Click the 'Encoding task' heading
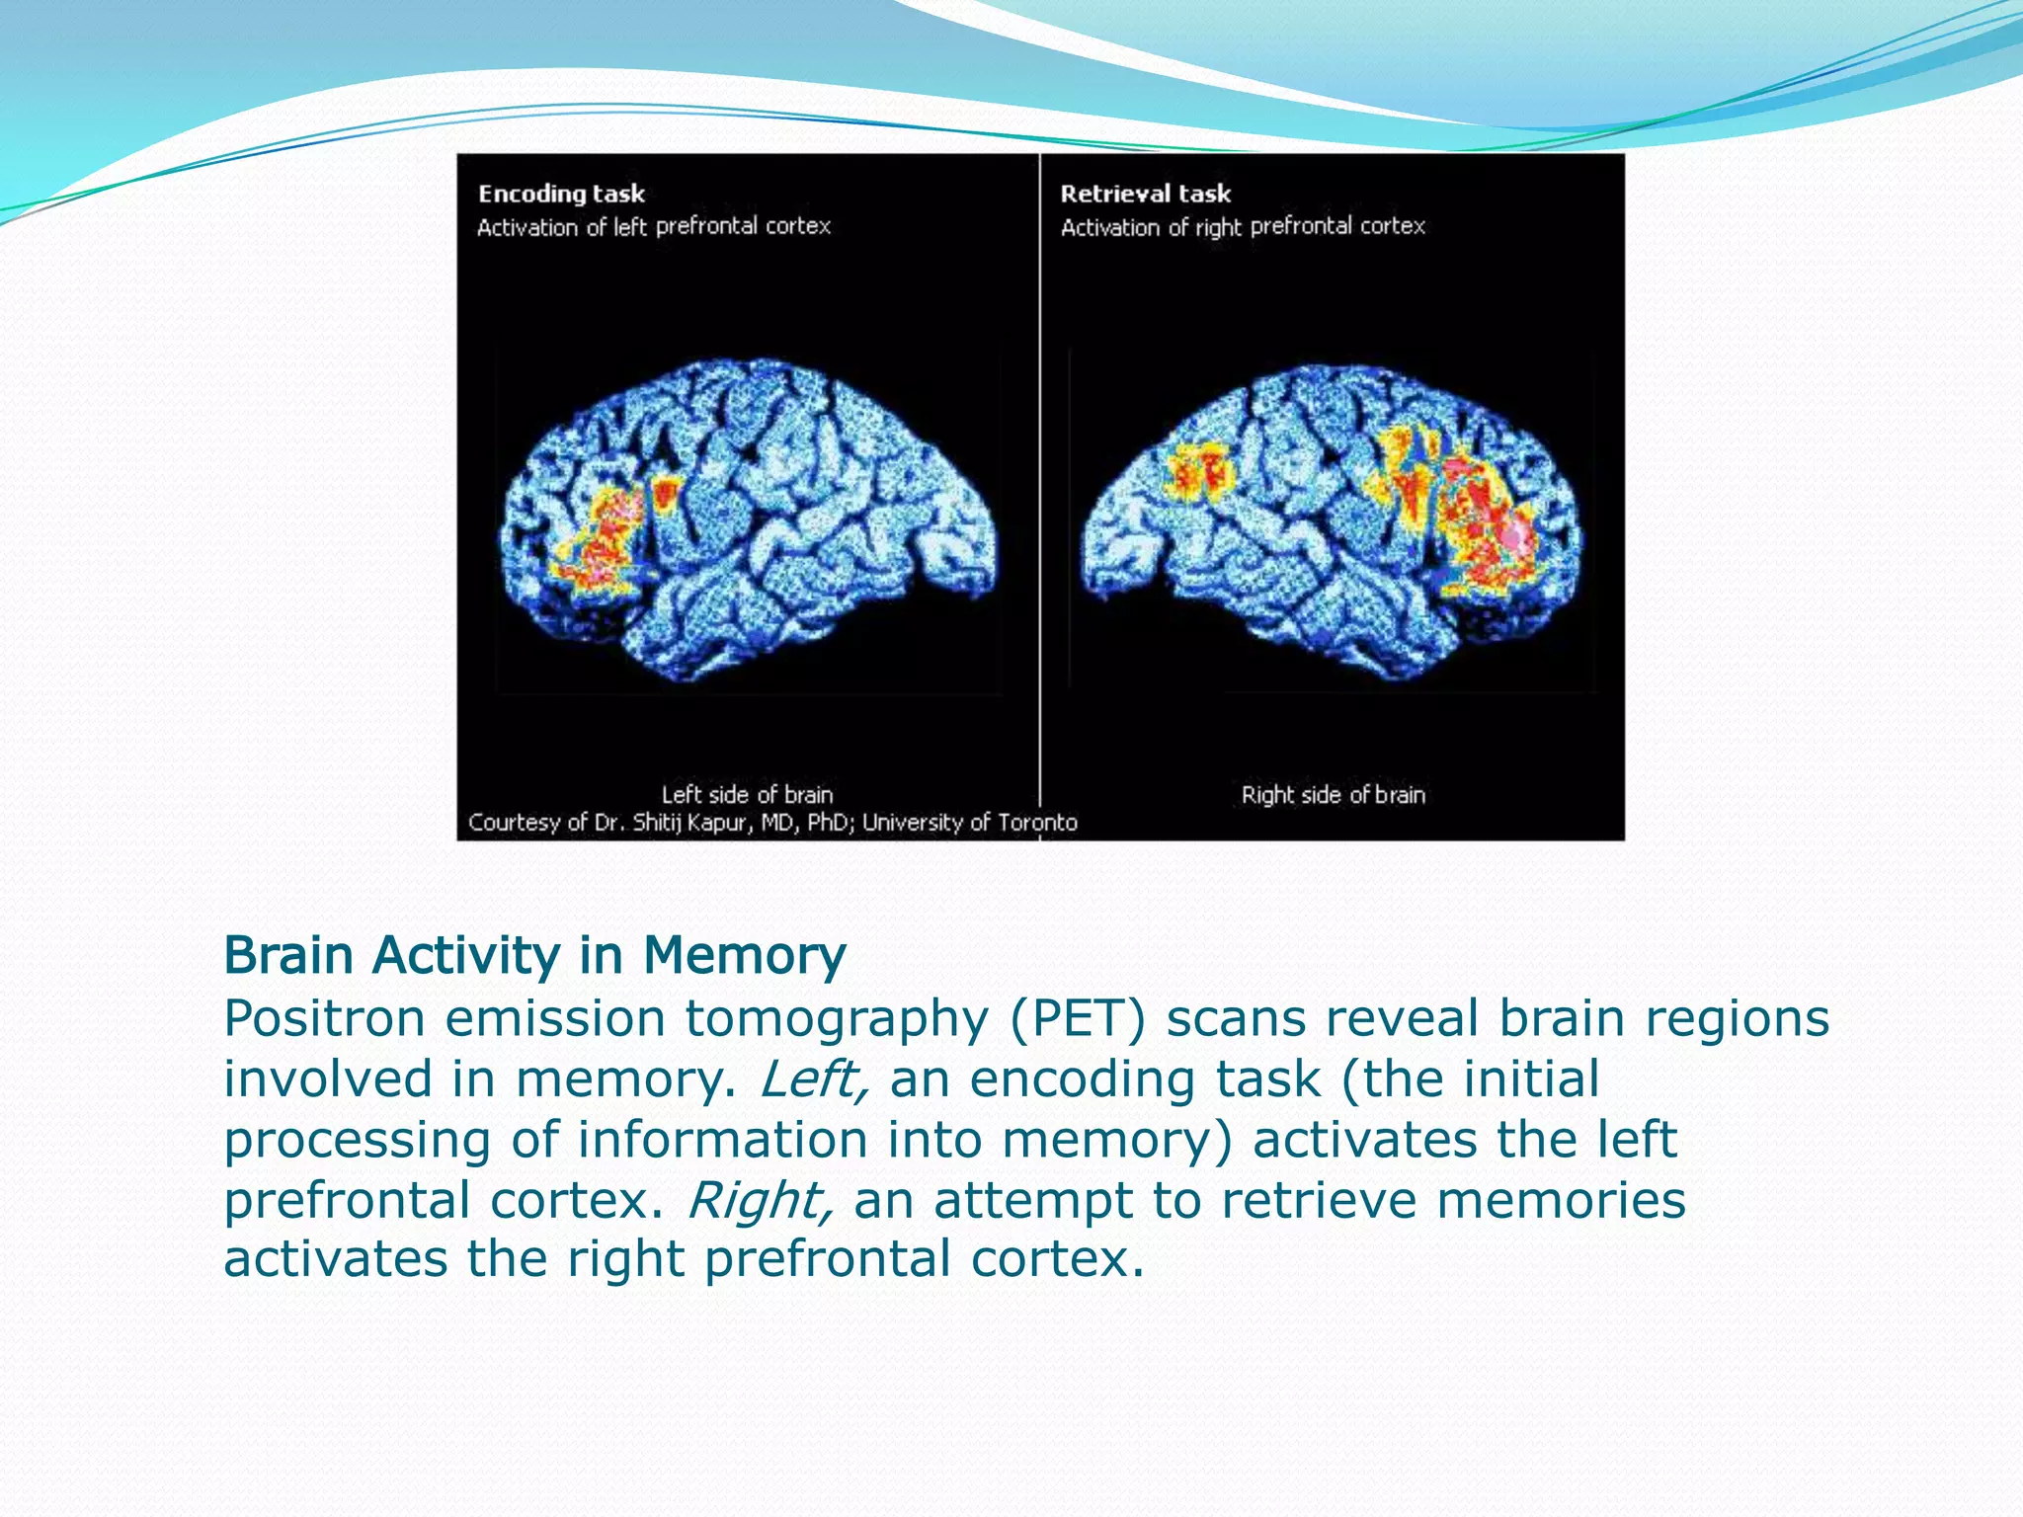click(561, 194)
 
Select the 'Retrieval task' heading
click(1145, 194)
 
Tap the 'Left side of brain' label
click(747, 794)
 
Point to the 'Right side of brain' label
click(1333, 794)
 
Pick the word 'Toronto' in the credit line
click(1037, 823)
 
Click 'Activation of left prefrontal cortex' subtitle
click(654, 227)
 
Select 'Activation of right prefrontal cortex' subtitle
click(1243, 227)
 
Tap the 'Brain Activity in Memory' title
click(534, 956)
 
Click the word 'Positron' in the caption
click(323, 1018)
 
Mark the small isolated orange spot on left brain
click(667, 493)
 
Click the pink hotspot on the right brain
click(1516, 534)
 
